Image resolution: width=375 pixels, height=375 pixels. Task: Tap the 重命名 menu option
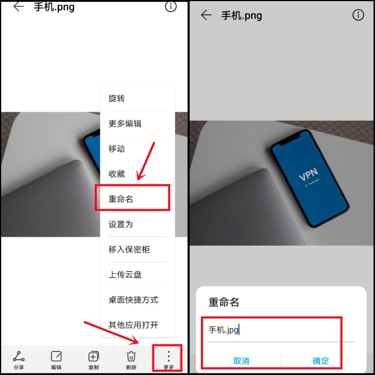[121, 199]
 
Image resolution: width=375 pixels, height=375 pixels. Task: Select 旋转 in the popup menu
[117, 98]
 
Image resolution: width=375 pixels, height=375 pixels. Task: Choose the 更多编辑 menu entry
[125, 123]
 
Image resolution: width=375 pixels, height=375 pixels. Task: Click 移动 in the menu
[117, 149]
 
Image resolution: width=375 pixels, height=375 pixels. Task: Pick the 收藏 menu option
[117, 174]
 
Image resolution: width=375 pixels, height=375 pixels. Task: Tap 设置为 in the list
[121, 224]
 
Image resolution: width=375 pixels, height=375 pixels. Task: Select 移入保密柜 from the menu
[129, 249]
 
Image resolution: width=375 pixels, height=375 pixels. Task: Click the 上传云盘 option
[125, 274]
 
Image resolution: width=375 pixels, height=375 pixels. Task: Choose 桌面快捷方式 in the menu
[133, 300]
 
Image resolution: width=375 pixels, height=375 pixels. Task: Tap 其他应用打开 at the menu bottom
[133, 325]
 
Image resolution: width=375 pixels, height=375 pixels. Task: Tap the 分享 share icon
[19, 359]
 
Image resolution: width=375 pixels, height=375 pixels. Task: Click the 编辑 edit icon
[56, 359]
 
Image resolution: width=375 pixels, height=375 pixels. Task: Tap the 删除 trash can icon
[131, 359]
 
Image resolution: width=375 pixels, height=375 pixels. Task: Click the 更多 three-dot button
[168, 359]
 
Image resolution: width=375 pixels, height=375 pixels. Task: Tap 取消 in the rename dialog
[241, 361]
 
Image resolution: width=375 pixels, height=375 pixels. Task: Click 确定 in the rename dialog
[321, 361]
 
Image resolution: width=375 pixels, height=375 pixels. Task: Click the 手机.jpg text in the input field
[223, 330]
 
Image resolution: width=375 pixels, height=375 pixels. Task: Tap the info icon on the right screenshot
[358, 15]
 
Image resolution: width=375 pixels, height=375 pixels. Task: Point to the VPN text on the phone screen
[308, 174]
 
